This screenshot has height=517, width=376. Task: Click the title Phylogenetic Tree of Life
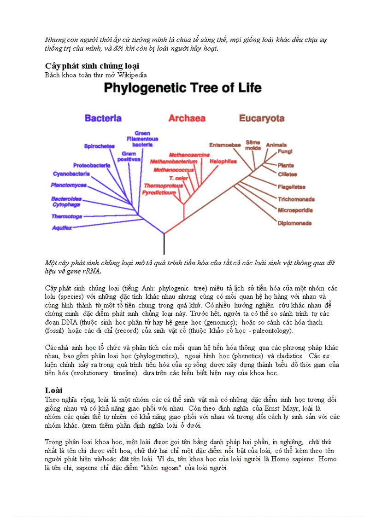pyautogui.click(x=182, y=88)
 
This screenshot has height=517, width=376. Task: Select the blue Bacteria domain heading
pyautogui.click(x=103, y=118)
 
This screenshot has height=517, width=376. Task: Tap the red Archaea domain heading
pyautogui.click(x=187, y=118)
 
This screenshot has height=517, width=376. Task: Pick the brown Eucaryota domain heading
pyautogui.click(x=261, y=118)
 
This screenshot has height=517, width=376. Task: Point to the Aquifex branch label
pyautogui.click(x=62, y=227)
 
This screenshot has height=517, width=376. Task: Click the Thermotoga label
pyautogui.click(x=66, y=216)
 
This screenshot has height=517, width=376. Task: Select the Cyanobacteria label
pyautogui.click(x=71, y=174)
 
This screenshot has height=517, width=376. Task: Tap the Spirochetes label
pyautogui.click(x=99, y=146)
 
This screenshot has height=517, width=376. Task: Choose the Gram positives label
pyautogui.click(x=129, y=157)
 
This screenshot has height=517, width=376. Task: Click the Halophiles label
pyautogui.click(x=223, y=162)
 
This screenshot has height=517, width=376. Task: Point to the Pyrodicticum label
pyautogui.click(x=159, y=192)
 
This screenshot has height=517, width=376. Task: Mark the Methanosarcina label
pyautogui.click(x=189, y=155)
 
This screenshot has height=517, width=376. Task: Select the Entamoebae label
pyautogui.click(x=225, y=145)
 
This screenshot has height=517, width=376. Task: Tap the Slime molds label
pyautogui.click(x=253, y=145)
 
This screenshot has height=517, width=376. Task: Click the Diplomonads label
pyautogui.click(x=294, y=223)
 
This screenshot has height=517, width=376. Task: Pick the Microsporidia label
pyautogui.click(x=295, y=210)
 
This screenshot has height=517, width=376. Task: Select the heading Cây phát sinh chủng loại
pyautogui.click(x=92, y=66)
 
